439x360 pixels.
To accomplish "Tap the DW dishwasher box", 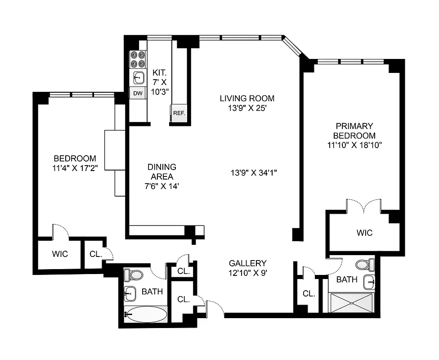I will click(x=138, y=94).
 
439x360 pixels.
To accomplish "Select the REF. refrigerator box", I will click(x=179, y=113).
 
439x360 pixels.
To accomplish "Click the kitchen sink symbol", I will click(x=139, y=77).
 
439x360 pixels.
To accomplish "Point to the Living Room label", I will click(x=247, y=98).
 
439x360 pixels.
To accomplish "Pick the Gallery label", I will click(x=247, y=263).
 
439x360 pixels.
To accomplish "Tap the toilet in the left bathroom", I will click(x=134, y=274).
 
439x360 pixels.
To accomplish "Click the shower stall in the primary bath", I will click(x=351, y=302).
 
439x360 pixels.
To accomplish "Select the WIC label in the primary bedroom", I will click(x=364, y=233).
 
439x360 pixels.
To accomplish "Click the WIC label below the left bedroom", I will click(x=59, y=254).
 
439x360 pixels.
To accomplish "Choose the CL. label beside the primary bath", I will click(x=309, y=293).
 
